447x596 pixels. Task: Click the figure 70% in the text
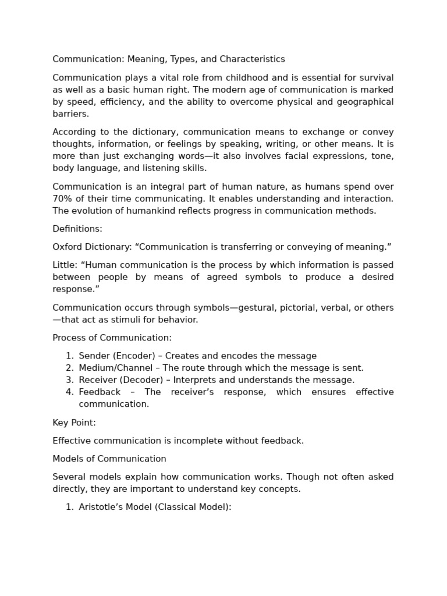62,199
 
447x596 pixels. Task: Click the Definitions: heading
77,229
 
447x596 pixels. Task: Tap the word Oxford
68,247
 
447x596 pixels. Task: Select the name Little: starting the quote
65,265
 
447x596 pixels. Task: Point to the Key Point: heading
74,423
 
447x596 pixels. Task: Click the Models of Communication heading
109,459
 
